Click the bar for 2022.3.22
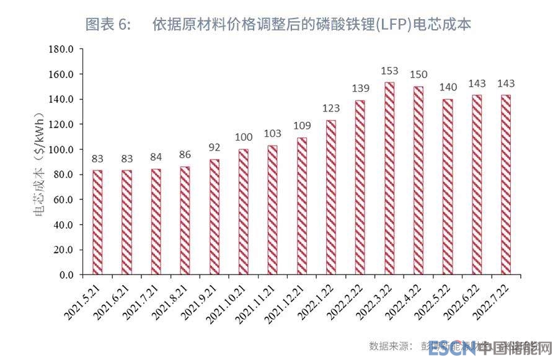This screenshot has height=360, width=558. [x=389, y=178]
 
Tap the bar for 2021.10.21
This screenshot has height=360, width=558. [x=244, y=211]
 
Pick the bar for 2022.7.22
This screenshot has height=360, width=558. [x=506, y=185]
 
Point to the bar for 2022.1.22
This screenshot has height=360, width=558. [x=331, y=197]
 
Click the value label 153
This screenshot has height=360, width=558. [x=389, y=71]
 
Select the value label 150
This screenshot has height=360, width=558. [x=418, y=74]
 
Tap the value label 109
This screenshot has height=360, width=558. [x=302, y=126]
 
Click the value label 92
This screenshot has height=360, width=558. [x=215, y=147]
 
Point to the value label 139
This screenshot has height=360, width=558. [x=360, y=89]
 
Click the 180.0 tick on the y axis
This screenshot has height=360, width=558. [x=61, y=49]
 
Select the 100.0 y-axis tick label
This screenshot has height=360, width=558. [x=61, y=149]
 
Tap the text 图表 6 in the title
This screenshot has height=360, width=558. [x=107, y=25]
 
